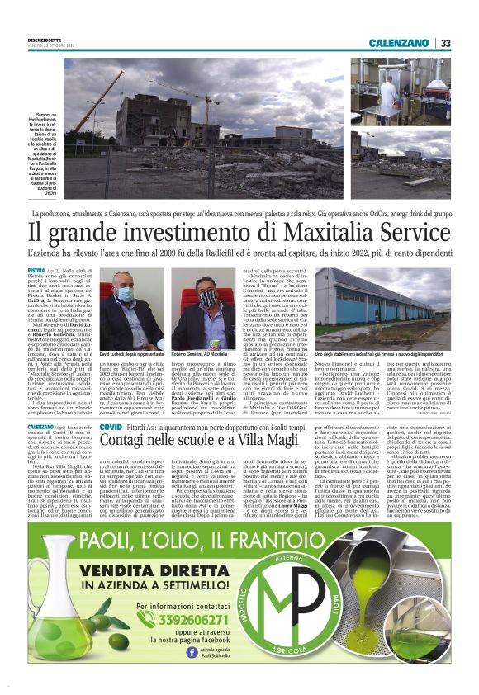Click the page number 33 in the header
tap(445, 43)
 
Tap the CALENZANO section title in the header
tap(400, 43)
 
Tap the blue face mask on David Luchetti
tap(127, 295)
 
